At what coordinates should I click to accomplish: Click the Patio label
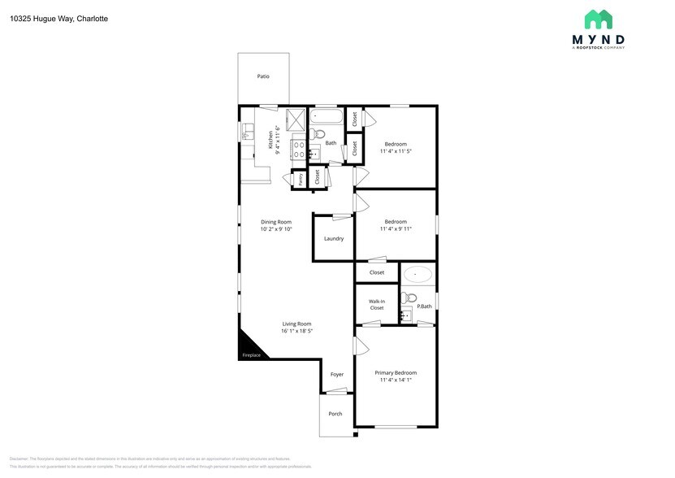coord(263,76)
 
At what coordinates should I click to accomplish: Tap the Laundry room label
coord(334,239)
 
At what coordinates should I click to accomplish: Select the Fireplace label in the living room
coord(252,355)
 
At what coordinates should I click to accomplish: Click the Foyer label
coord(336,375)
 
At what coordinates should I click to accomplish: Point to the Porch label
coord(335,414)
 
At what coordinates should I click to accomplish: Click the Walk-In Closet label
coord(377,305)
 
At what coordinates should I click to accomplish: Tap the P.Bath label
coord(425,306)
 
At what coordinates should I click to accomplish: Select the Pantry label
coord(300,180)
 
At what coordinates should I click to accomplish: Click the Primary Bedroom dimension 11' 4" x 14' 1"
coord(396,380)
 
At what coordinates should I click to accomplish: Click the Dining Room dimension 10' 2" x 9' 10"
coord(276,229)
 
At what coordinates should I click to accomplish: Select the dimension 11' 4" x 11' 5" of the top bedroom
coord(396,151)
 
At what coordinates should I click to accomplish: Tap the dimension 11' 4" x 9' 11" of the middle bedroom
coord(396,229)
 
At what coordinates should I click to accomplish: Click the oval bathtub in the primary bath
coord(418,274)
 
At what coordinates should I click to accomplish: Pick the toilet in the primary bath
coord(410,298)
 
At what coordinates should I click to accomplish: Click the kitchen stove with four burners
coord(299,149)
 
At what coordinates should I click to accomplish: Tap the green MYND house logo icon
coord(599,20)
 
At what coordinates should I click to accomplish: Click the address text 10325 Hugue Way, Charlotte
coord(59,18)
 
